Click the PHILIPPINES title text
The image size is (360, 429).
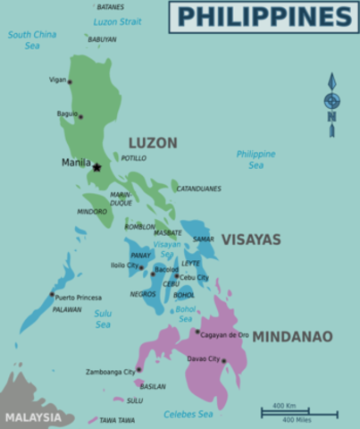(264, 16)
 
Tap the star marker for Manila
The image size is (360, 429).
(96, 166)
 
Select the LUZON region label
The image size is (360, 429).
(153, 142)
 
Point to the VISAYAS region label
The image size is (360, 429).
(251, 240)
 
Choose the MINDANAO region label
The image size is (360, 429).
(292, 337)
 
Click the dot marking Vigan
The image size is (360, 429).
(70, 82)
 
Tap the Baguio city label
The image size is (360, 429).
(67, 114)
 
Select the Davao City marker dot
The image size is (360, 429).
(223, 361)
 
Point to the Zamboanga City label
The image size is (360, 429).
(109, 371)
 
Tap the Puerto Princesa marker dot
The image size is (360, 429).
(51, 294)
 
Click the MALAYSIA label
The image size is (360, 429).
(33, 417)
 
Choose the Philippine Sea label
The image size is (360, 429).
(255, 159)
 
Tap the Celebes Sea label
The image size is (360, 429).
(188, 414)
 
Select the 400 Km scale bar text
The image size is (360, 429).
(284, 406)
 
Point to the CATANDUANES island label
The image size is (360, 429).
(198, 189)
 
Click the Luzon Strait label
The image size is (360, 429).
(118, 21)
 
